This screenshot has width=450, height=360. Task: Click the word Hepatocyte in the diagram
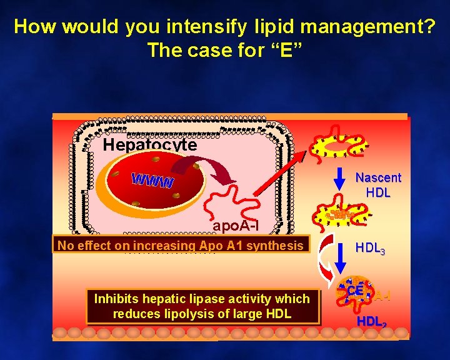(x=150, y=146)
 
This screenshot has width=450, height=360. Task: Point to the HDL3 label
(x=370, y=248)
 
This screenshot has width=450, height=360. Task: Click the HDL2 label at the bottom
(x=372, y=322)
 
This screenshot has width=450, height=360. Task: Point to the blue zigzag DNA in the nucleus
(x=152, y=180)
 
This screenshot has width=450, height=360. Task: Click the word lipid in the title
(x=273, y=27)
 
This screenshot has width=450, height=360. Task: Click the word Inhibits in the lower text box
(x=117, y=299)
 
